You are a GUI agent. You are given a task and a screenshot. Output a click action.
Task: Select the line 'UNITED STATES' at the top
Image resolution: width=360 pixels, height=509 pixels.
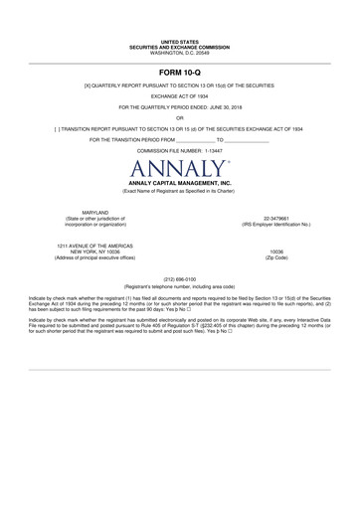[x=180, y=43]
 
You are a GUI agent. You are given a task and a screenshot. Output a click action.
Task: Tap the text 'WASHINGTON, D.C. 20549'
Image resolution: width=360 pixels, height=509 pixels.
[x=180, y=52]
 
